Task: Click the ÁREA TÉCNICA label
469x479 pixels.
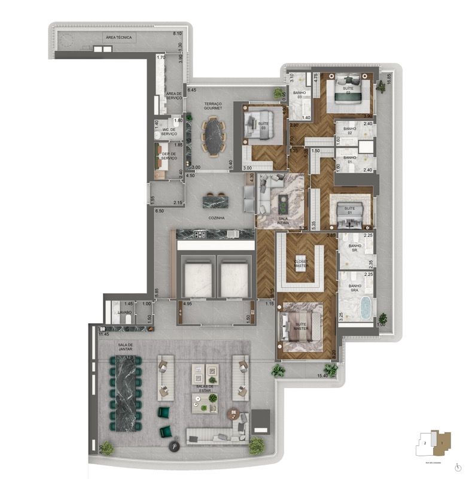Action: [x=118, y=37]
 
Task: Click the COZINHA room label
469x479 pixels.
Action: [x=216, y=218]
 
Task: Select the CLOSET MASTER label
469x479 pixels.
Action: [x=301, y=263]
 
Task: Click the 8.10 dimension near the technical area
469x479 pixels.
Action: [x=177, y=34]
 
